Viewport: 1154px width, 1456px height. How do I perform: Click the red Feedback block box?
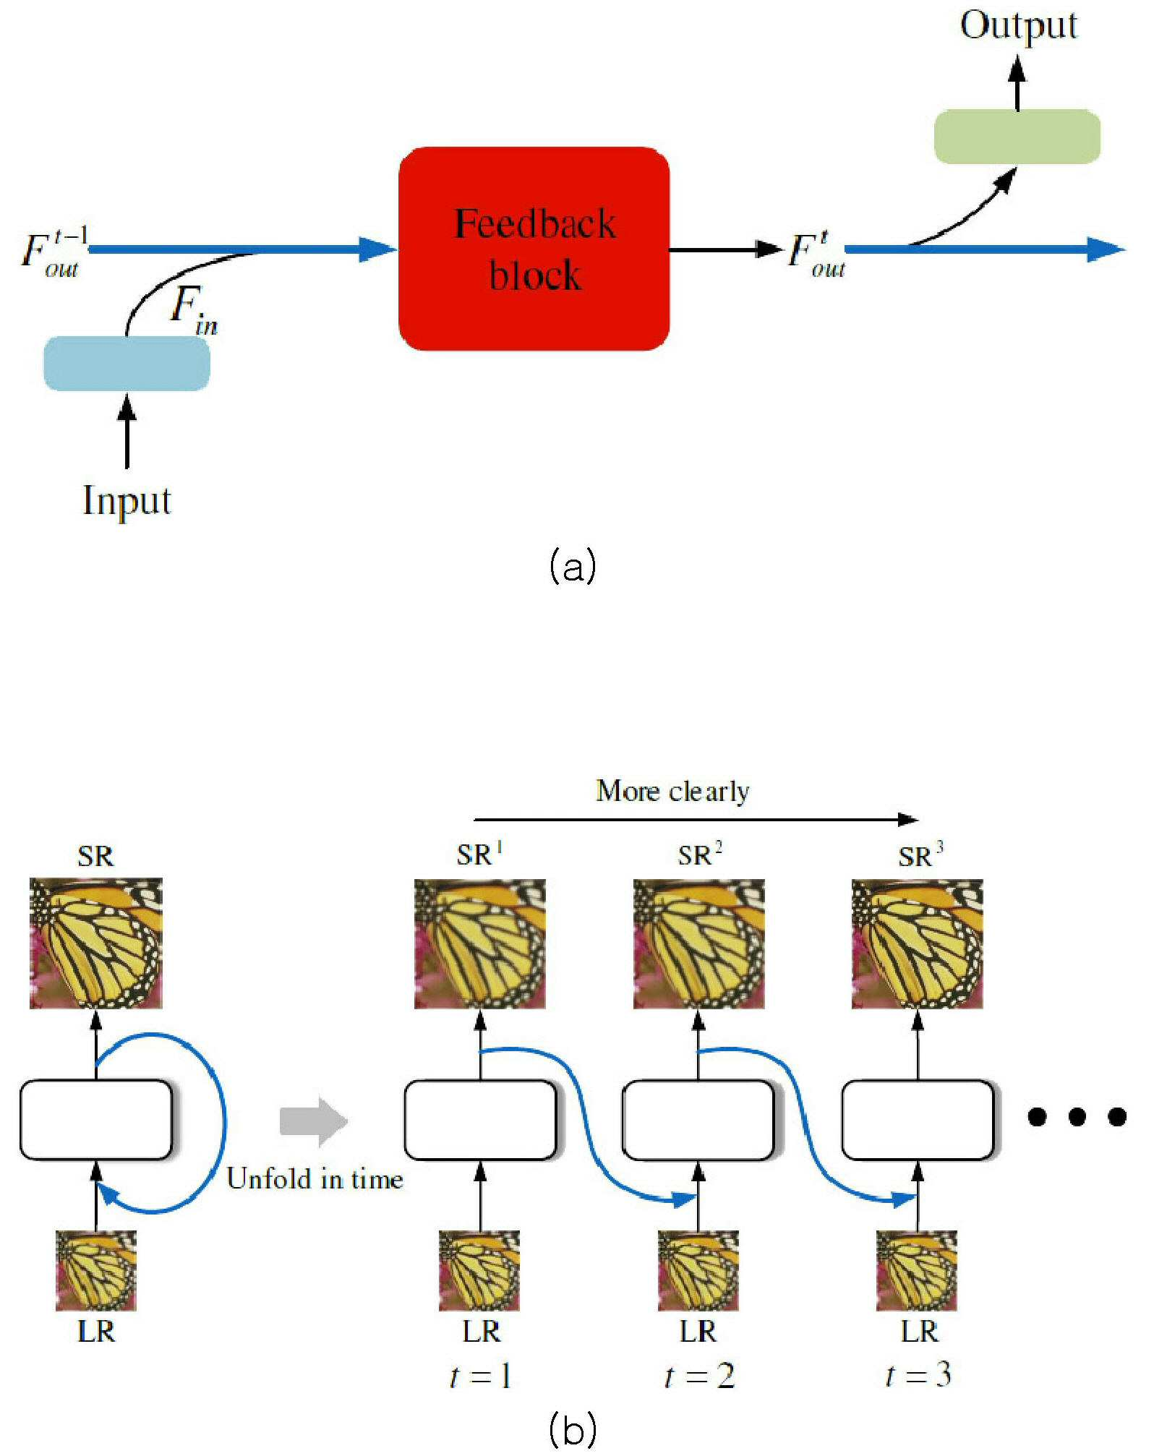pos(534,248)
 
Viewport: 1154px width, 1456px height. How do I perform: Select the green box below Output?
pos(1017,137)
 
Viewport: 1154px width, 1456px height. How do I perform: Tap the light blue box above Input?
pos(127,364)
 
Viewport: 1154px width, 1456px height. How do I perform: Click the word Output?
pos(1018,26)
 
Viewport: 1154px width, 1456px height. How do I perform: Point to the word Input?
pos(127,500)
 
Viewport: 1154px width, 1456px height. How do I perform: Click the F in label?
pos(194,309)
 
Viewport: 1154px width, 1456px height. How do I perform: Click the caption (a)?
pos(573,566)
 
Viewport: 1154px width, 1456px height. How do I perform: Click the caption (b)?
pos(573,1429)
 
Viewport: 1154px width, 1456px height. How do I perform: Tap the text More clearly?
pos(672,791)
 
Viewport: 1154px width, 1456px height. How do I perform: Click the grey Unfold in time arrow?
pos(314,1121)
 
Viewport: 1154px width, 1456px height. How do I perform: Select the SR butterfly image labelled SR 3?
pos(917,943)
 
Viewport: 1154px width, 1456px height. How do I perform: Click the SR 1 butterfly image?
pos(479,943)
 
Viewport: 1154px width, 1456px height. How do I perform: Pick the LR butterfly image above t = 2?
pos(698,1270)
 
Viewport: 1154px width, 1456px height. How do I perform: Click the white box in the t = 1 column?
pos(480,1120)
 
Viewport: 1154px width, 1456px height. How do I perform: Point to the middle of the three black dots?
pos(1077,1117)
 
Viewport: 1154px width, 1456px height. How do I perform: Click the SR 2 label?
pos(699,855)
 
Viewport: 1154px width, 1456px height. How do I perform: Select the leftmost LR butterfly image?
pos(96,1270)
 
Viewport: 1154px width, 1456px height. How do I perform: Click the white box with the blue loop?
pos(96,1120)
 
